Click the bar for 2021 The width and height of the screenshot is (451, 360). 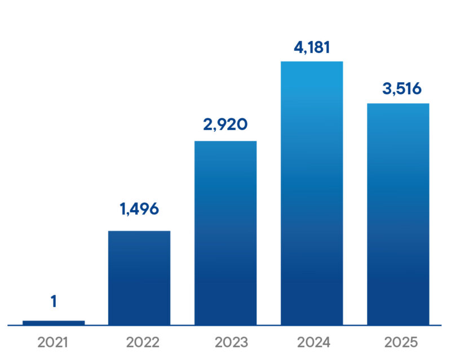click(54, 322)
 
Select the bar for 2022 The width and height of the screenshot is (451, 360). click(139, 277)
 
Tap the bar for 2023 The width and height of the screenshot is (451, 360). click(225, 232)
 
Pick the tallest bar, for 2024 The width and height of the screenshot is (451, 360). click(312, 193)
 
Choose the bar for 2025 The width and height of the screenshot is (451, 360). click(398, 214)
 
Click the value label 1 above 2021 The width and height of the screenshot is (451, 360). click(54, 302)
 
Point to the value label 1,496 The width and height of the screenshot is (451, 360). click(139, 209)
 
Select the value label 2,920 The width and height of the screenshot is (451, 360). click(225, 124)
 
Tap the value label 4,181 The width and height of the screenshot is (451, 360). click(312, 46)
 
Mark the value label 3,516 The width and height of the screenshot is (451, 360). click(398, 88)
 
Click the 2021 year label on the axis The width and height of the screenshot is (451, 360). click(54, 342)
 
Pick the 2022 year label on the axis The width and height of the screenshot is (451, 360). click(139, 342)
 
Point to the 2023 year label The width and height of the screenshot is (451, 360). click(225, 342)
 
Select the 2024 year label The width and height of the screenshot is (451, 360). click(312, 342)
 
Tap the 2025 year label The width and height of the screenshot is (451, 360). click(398, 342)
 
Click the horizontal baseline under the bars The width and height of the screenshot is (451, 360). click(225, 325)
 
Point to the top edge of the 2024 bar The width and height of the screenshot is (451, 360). click(312, 61)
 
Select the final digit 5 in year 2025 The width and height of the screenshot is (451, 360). click(412, 342)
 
